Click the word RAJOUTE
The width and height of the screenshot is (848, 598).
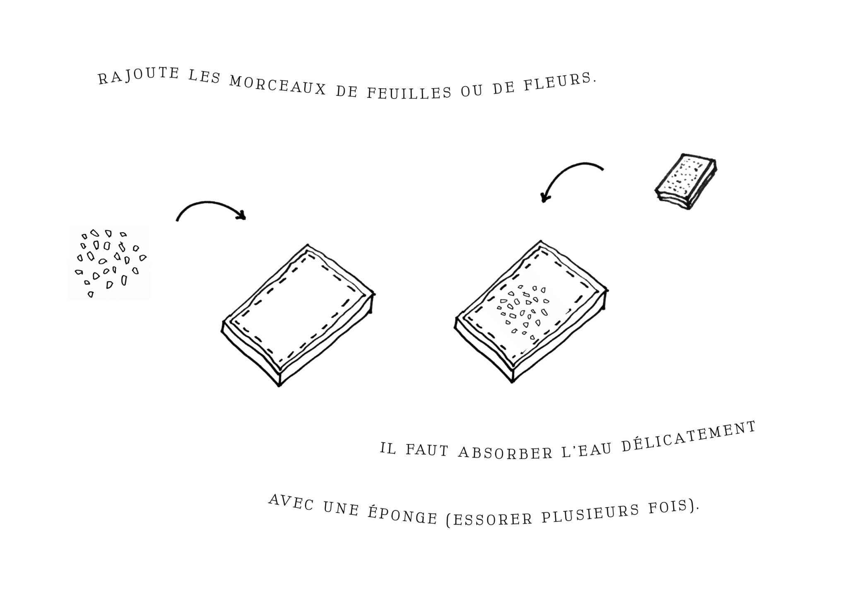139,75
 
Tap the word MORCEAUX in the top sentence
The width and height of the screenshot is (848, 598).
278,85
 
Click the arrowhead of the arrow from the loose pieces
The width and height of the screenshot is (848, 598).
242,215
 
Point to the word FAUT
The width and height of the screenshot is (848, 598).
427,451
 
